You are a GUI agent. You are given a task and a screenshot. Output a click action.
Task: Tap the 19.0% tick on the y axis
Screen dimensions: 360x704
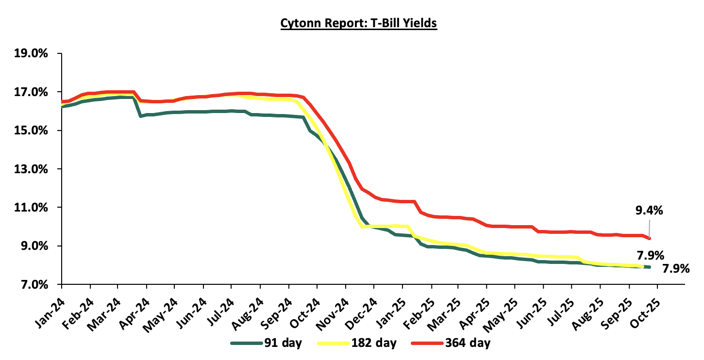[x=32, y=53]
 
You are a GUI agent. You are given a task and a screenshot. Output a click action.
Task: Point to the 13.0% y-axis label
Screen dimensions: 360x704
[x=32, y=169]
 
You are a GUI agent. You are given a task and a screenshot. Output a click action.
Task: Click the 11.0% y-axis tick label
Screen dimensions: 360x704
[x=32, y=208]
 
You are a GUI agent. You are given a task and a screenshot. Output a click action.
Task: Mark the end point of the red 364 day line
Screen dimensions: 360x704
[x=649, y=238]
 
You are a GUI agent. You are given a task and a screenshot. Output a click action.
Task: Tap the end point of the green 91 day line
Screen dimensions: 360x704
[x=649, y=267]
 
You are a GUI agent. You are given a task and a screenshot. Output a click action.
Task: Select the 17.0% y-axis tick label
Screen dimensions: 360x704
[x=32, y=92]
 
